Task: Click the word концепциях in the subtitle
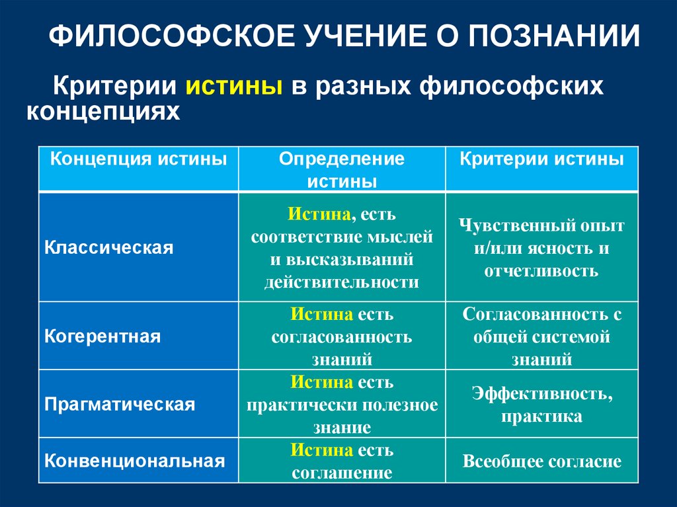coord(102,111)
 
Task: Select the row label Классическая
coord(109,248)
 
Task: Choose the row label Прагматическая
coord(120,404)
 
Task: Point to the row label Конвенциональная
coord(135,460)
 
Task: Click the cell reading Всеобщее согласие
coord(541,461)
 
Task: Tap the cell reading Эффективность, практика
coord(541,405)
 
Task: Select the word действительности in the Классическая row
coord(341,282)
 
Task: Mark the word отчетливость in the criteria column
coord(541,270)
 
